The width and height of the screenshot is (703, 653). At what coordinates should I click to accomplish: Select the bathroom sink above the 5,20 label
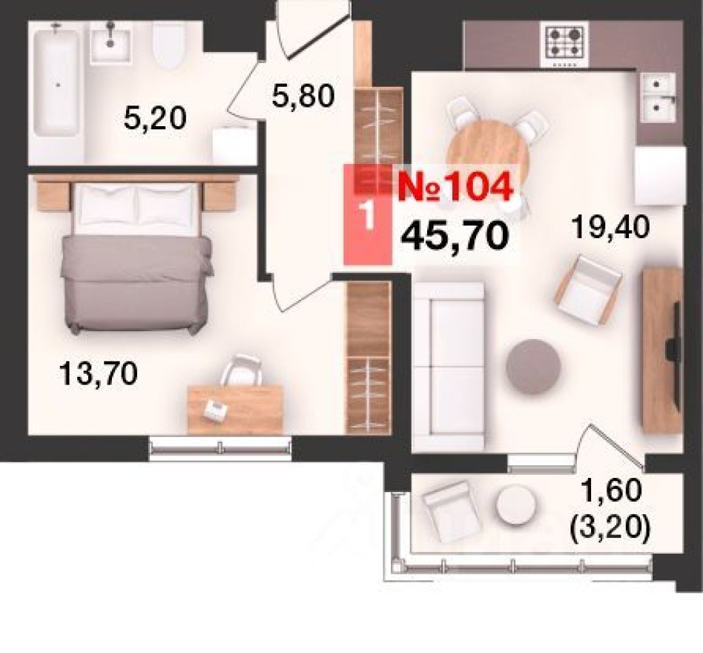pos(110,42)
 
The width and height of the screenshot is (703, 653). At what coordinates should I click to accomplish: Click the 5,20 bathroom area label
pos(155,117)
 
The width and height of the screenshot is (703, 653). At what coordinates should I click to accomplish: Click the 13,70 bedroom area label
pos(99,373)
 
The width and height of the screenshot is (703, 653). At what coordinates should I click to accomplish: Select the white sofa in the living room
pos(449,367)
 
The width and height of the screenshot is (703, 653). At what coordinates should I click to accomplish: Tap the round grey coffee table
pos(532,366)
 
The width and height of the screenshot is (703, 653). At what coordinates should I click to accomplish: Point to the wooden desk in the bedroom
pos(235,409)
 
